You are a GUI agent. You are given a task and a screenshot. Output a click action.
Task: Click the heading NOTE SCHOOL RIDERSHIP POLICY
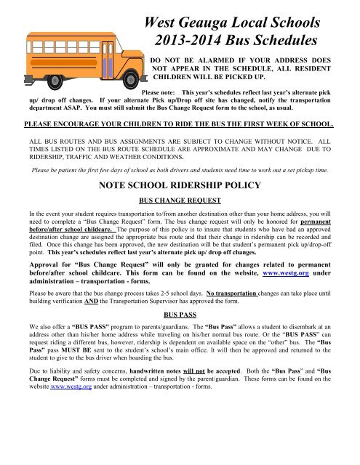click(x=180, y=185)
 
